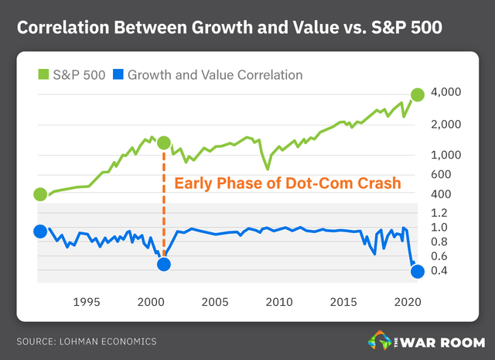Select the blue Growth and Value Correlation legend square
tap(117, 75)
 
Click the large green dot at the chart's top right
tap(418, 94)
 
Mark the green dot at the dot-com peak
tap(164, 143)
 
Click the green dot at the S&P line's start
tap(40, 194)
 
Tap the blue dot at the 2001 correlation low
tap(164, 264)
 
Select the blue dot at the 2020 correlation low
tap(418, 271)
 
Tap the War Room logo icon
tap(381, 340)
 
